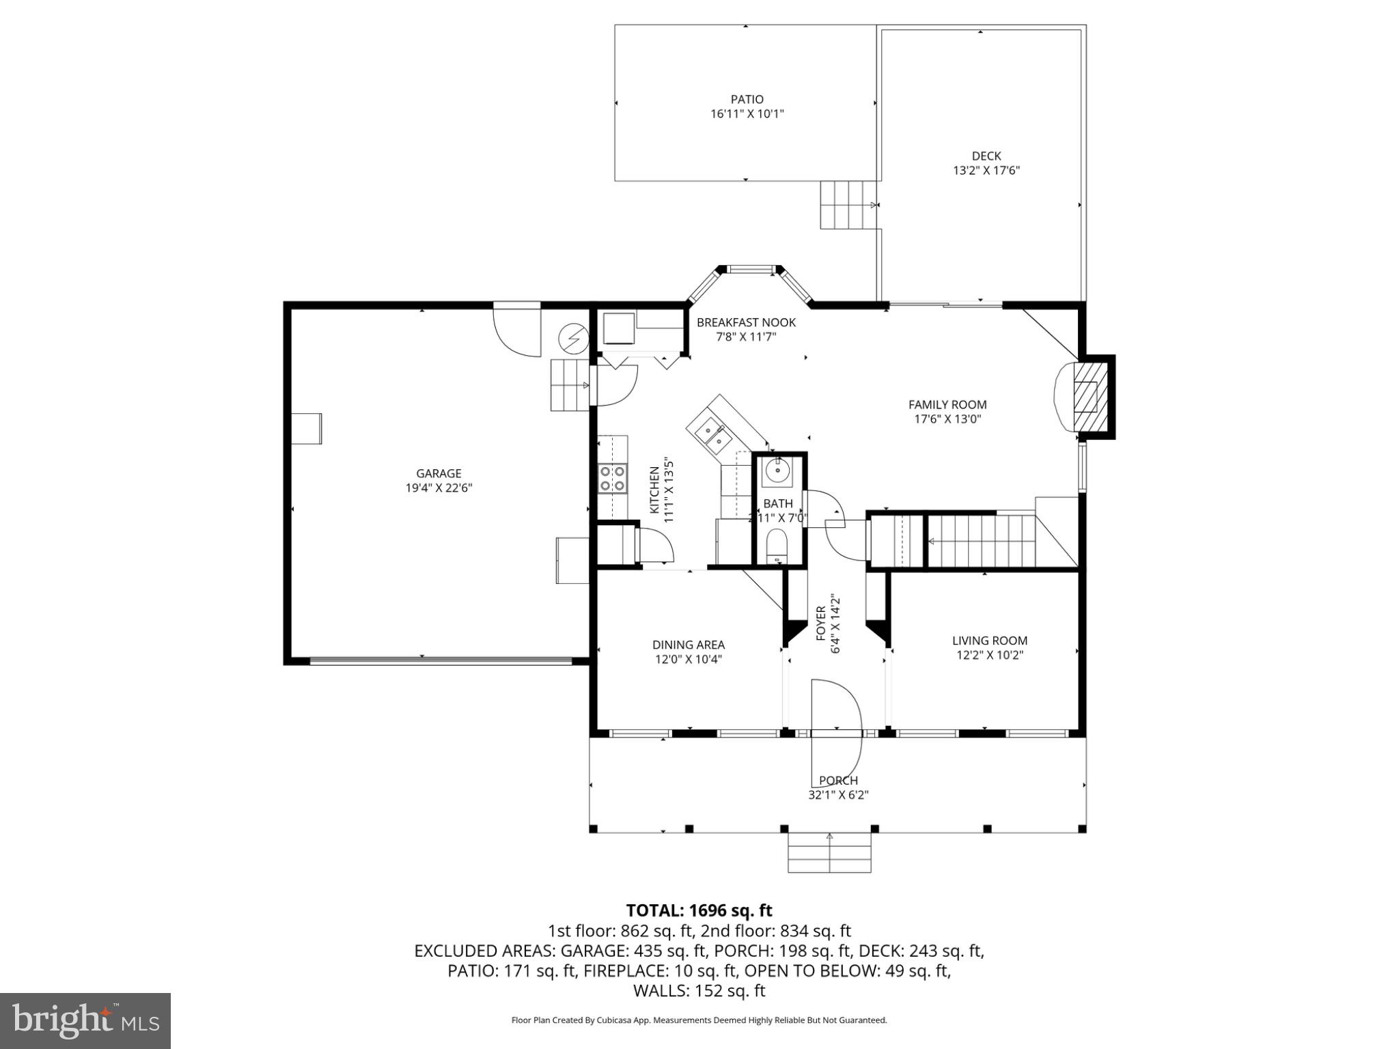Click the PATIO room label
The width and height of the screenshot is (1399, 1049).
point(747,100)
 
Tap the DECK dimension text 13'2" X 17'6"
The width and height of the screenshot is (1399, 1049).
point(986,171)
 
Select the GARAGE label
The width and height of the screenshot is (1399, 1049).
point(439,473)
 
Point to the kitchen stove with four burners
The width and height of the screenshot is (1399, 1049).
point(613,478)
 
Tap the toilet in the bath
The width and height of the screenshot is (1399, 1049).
point(777,547)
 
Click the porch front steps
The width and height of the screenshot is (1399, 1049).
point(829,854)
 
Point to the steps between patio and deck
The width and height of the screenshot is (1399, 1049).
point(848,205)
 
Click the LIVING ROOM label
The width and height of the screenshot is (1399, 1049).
point(989,641)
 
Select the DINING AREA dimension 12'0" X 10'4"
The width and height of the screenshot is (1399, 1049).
point(688,660)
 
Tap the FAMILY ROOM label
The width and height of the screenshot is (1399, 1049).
point(947,405)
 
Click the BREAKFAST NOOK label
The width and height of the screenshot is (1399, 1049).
point(746,322)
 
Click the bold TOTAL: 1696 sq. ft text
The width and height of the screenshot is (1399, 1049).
point(699,910)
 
